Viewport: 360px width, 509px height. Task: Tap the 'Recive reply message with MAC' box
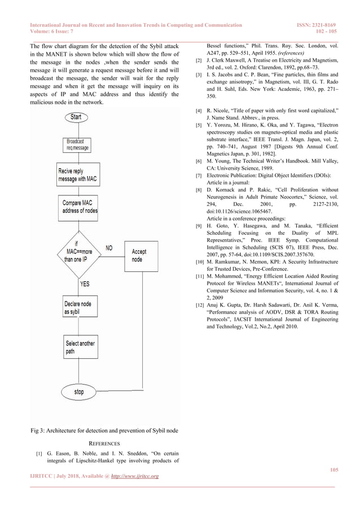click(x=78, y=175)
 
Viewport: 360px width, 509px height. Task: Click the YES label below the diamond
click(x=85, y=284)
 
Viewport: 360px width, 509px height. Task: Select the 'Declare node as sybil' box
click(x=78, y=308)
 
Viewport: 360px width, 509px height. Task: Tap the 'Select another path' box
click(x=78, y=347)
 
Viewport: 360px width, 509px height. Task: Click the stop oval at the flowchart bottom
click(x=78, y=392)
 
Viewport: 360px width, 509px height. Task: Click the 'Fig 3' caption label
click(x=38, y=431)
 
